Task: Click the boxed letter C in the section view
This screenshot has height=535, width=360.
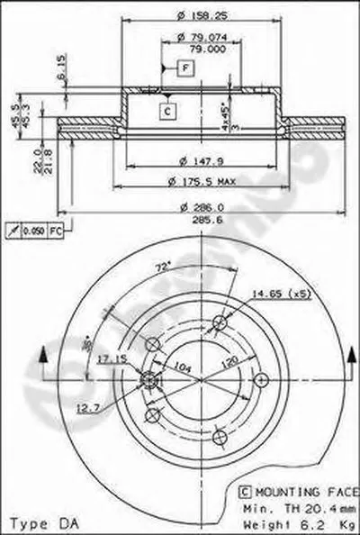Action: tap(166, 111)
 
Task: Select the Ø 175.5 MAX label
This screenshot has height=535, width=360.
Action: tap(201, 182)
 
